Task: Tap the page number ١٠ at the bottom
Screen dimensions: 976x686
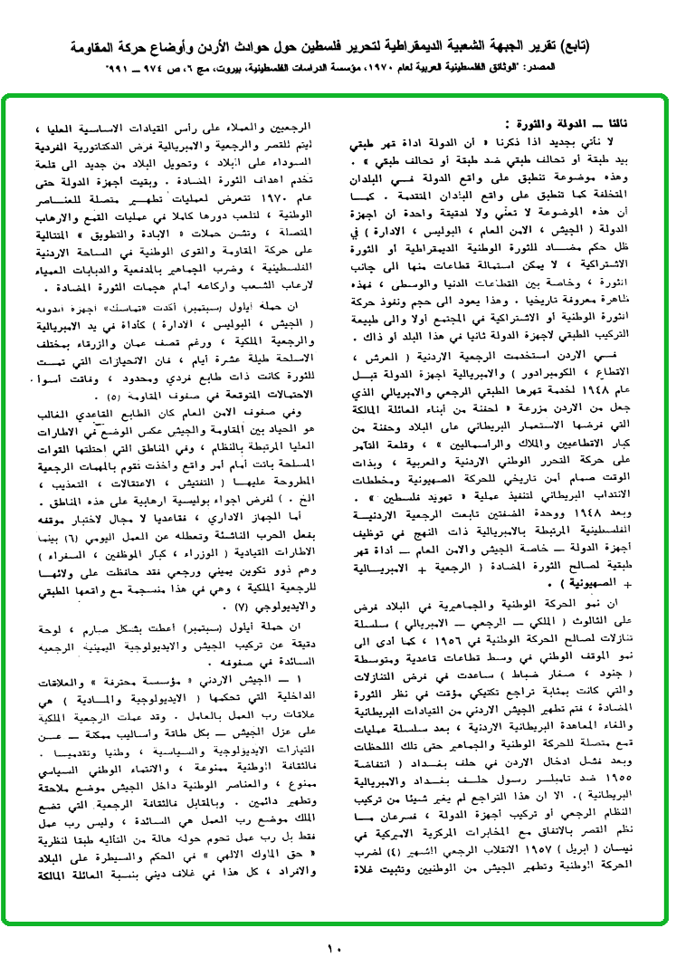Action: pos(335,949)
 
